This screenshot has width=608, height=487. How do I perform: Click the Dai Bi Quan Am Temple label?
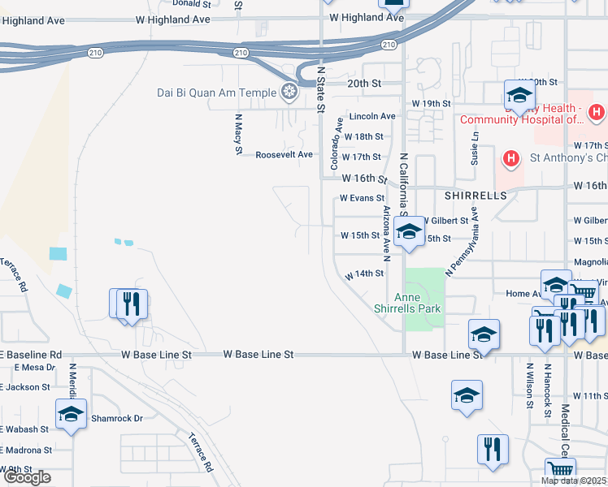pos(217,93)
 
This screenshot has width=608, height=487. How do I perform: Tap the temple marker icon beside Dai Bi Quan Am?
pos(289,92)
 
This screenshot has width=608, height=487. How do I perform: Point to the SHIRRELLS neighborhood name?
pos(476,196)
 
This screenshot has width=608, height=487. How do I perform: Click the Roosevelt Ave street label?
pos(284,154)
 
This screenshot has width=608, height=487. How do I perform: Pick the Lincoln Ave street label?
pos(372,116)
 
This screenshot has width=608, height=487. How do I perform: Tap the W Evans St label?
pos(362,197)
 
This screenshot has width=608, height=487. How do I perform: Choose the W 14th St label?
pos(364,274)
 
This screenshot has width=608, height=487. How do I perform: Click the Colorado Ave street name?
pos(335,144)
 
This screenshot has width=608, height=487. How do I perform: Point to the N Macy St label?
pos(239,132)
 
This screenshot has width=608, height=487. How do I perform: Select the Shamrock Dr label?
pos(116,418)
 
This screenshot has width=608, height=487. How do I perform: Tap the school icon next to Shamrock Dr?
pos(72,414)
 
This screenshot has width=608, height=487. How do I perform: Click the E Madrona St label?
pos(26,449)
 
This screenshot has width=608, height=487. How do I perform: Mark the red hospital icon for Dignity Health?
pos(596,111)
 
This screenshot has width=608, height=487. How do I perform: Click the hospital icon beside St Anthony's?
pos(511,157)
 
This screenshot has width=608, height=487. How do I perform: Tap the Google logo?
pos(28,477)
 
